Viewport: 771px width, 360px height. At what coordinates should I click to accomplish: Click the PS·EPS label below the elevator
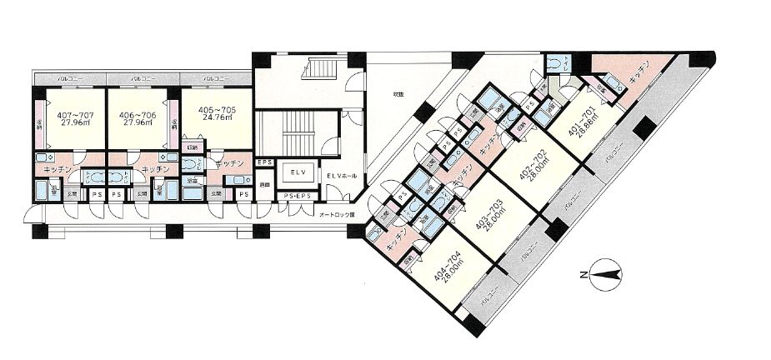pyautogui.click(x=298, y=197)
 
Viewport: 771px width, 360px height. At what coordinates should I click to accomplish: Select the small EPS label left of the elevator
pyautogui.click(x=265, y=162)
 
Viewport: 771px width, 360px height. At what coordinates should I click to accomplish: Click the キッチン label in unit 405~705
pyautogui.click(x=228, y=163)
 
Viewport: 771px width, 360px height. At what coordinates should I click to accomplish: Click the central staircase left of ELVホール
pyautogui.click(x=296, y=132)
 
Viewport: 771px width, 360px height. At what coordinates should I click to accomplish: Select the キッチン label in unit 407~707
pyautogui.click(x=51, y=170)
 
